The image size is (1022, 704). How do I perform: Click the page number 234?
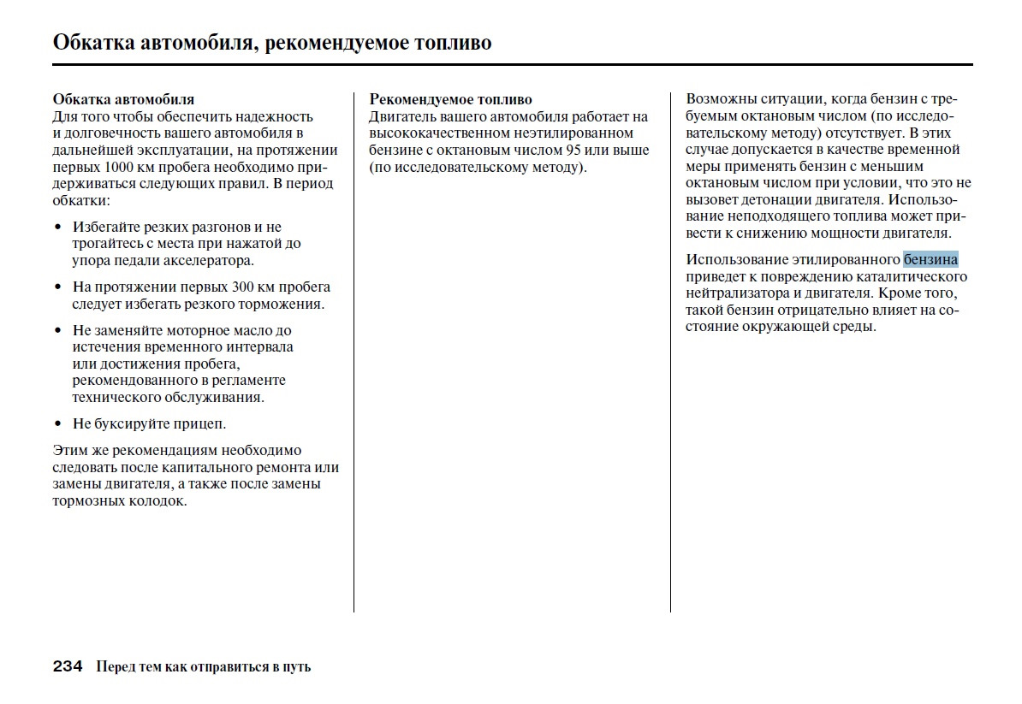click(x=68, y=666)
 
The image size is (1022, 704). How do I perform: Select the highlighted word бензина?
click(x=930, y=260)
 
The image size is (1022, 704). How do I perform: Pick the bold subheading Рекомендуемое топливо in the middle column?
click(x=450, y=100)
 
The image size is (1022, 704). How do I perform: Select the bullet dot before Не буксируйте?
click(x=58, y=424)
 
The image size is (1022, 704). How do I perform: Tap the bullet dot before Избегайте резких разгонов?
click(x=58, y=228)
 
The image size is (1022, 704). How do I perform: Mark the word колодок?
click(x=157, y=501)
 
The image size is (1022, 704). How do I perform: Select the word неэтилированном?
click(x=575, y=133)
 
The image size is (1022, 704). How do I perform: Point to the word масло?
click(x=253, y=330)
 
